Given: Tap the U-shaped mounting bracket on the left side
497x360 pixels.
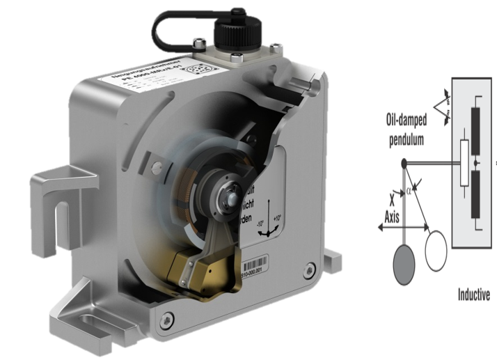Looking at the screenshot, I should pyautogui.click(x=58, y=196).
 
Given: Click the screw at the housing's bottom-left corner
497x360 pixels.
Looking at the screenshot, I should pyautogui.click(x=166, y=320).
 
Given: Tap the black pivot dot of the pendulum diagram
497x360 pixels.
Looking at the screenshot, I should pyautogui.click(x=404, y=164).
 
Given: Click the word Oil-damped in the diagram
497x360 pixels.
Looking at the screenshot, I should pyautogui.click(x=409, y=120).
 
